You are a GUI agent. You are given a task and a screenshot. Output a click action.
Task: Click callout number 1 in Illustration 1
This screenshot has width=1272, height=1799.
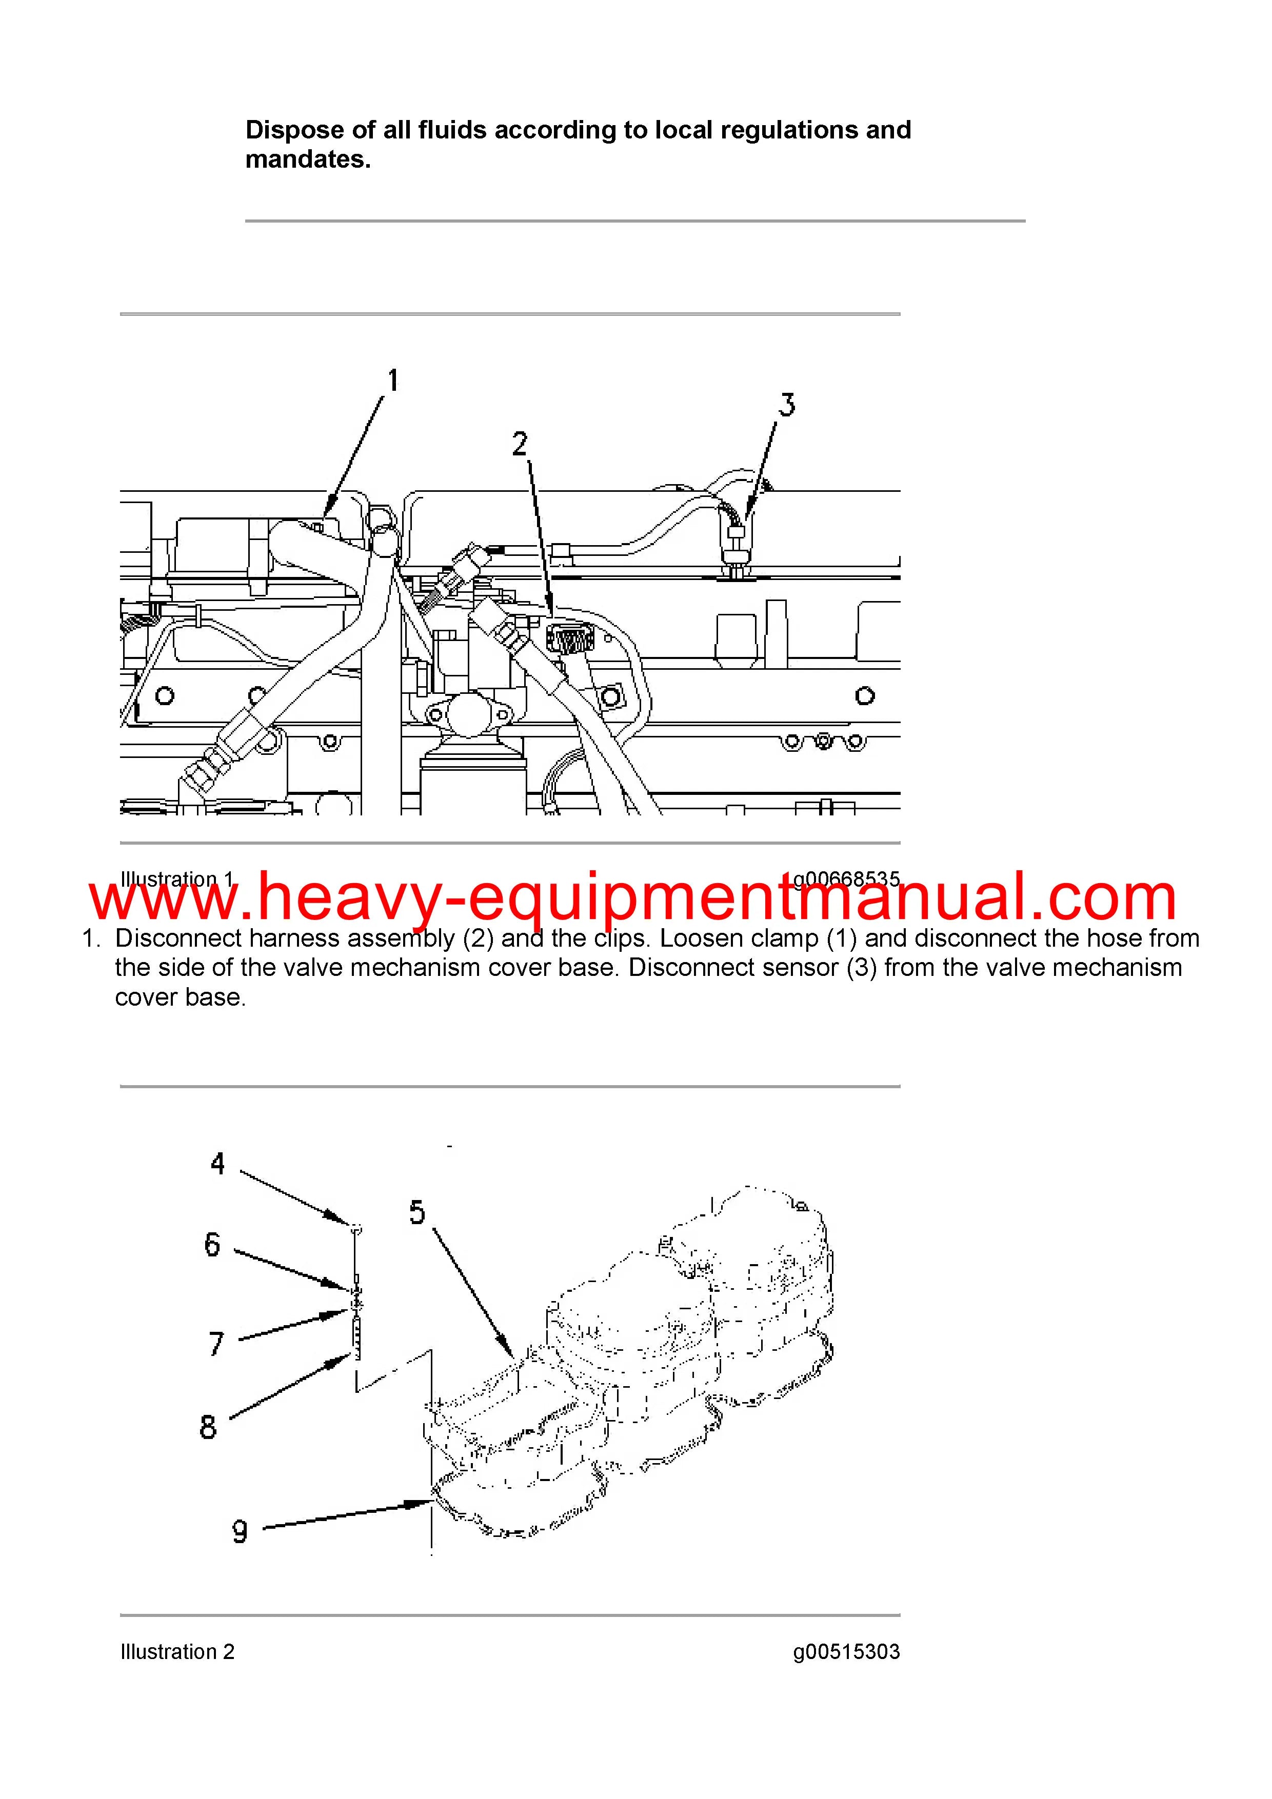point(393,381)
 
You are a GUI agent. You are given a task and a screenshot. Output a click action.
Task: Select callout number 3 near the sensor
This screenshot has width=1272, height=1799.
point(786,405)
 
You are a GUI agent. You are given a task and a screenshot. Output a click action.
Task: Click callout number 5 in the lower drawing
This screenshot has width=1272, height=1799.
point(417,1212)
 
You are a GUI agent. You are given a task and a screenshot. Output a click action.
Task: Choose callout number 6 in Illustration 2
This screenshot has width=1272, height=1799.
point(212,1244)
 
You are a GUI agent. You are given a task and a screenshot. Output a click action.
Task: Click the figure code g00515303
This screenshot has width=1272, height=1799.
point(846,1652)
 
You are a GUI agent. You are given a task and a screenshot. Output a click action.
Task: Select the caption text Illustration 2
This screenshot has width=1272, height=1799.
point(177,1652)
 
